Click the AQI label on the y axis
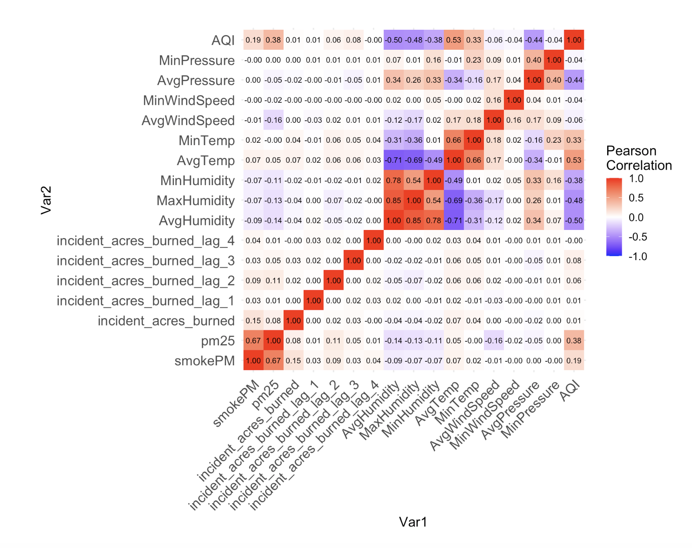[223, 40]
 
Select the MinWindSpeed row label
[189, 100]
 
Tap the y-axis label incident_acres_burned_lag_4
[145, 241]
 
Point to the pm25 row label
[217, 341]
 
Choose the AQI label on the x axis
[570, 391]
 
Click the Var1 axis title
[413, 522]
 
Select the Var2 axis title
[46, 200]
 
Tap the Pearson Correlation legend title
[639, 158]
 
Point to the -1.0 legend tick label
[638, 256]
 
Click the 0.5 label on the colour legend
[636, 198]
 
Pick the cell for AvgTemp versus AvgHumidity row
[454, 221]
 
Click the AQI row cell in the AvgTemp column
[454, 40]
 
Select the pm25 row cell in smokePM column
[253, 341]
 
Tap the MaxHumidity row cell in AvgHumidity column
[394, 201]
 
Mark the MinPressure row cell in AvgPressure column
[534, 60]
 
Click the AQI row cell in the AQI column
[574, 40]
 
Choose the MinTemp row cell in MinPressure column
[554, 140]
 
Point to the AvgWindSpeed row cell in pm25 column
[273, 120]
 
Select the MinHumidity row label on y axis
[197, 181]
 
